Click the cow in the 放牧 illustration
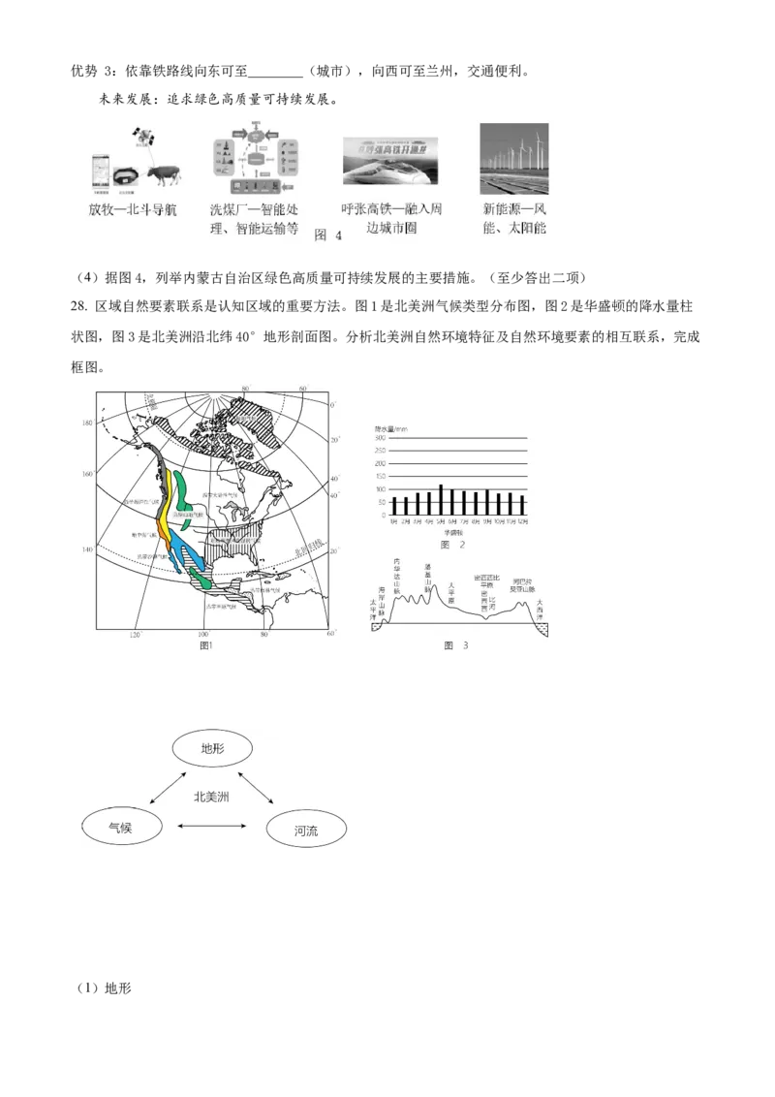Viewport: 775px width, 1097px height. [x=164, y=173]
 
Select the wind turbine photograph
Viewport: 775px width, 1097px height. [x=514, y=159]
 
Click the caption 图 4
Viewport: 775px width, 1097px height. [x=328, y=235]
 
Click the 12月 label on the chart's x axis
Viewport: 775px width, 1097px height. [x=522, y=523]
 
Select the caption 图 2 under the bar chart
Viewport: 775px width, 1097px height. [x=453, y=545]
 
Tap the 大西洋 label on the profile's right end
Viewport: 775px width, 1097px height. [x=541, y=608]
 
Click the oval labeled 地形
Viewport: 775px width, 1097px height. [x=212, y=748]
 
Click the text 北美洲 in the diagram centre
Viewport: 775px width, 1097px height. [x=212, y=797]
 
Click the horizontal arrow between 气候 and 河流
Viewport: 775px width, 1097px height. [x=213, y=827]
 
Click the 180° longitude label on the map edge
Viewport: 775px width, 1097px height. [x=87, y=423]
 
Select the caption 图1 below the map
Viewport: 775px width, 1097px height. [x=205, y=645]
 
